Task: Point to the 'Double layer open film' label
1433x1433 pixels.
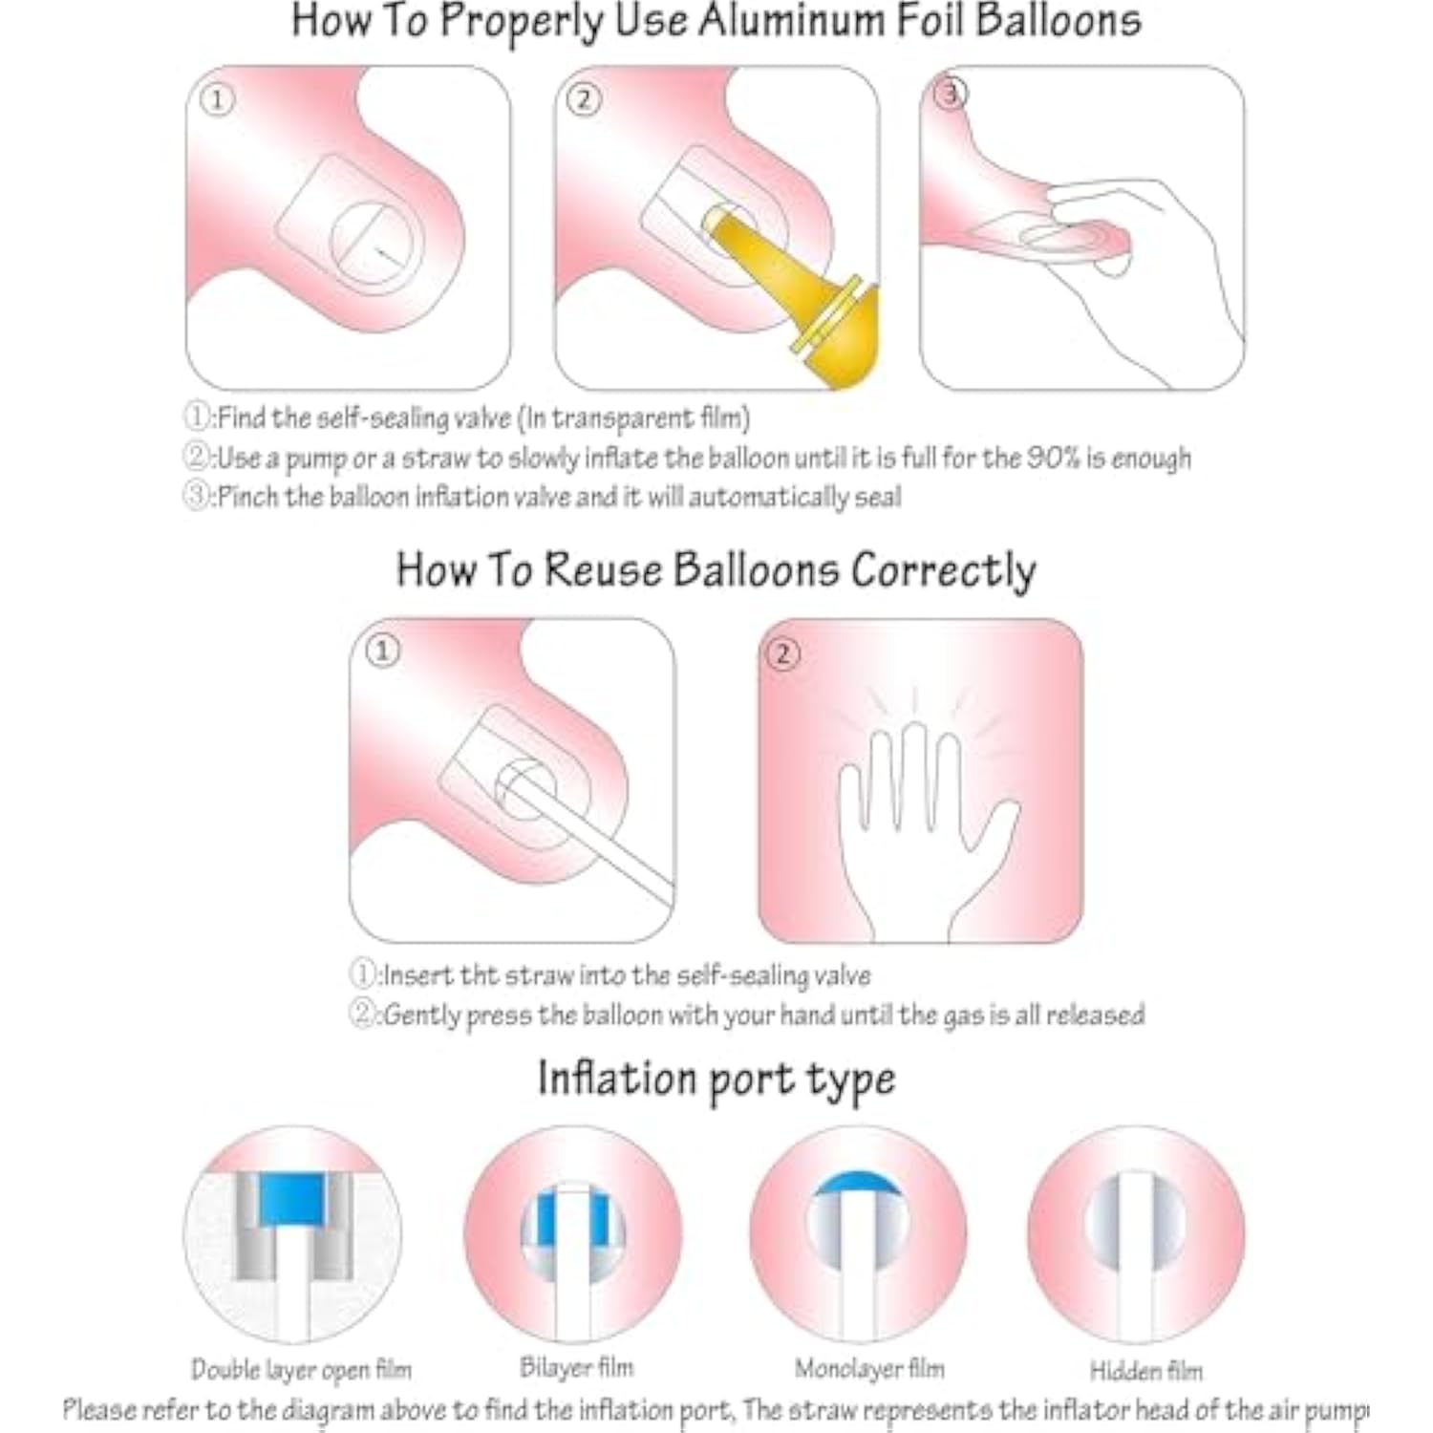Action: [x=301, y=1370]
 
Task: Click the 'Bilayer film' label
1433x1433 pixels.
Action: [x=576, y=1368]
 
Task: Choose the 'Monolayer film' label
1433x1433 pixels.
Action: [x=869, y=1369]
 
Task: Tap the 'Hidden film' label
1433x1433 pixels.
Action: [x=1145, y=1371]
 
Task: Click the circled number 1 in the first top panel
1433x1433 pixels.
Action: [x=217, y=99]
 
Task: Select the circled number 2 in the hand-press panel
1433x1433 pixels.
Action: [x=783, y=653]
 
